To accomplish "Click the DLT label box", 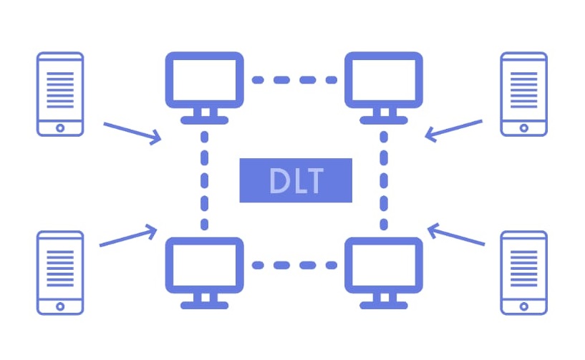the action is pyautogui.click(x=296, y=180).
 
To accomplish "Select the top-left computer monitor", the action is pyautogui.click(x=204, y=79).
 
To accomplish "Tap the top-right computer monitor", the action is pyautogui.click(x=383, y=79).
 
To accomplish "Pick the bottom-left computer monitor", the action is pyautogui.click(x=204, y=265).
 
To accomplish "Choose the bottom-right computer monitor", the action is pyautogui.click(x=383, y=265).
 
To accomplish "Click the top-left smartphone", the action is pyautogui.click(x=60, y=94).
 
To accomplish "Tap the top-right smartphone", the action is pyautogui.click(x=523, y=94).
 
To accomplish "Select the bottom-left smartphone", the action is pyautogui.click(x=60, y=273).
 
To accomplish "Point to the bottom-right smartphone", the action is pyautogui.click(x=523, y=273).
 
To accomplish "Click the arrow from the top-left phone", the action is pyautogui.click(x=132, y=133).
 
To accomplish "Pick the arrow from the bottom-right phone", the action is pyautogui.click(x=456, y=235).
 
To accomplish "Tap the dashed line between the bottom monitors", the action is pyautogui.click(x=294, y=266).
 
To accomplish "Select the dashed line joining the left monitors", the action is pyautogui.click(x=205, y=179).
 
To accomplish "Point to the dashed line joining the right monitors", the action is pyautogui.click(x=383, y=179).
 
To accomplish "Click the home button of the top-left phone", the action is pyautogui.click(x=60, y=127).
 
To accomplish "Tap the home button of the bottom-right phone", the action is pyautogui.click(x=523, y=306).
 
